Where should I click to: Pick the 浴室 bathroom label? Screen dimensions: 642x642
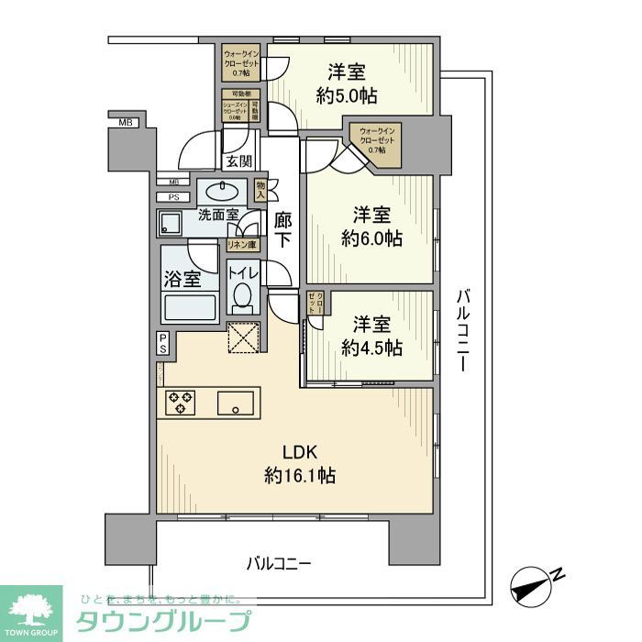(182, 280)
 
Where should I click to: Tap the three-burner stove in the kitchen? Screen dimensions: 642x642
(180, 401)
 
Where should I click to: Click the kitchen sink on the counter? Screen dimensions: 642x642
(237, 401)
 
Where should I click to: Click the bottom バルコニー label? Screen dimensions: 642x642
(279, 562)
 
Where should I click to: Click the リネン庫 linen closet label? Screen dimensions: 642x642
(242, 245)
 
